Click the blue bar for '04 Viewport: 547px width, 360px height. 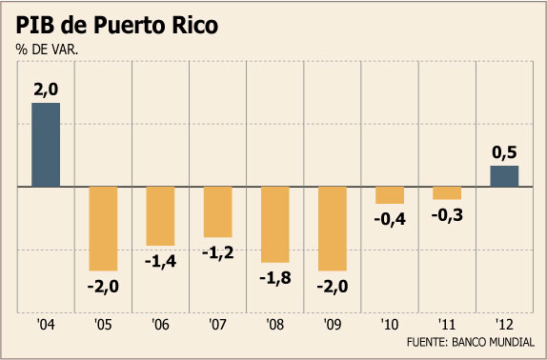pos(46,145)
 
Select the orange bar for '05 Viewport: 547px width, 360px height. pos(103,229)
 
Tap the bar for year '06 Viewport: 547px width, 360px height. pos(160,216)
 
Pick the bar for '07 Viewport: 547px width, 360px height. pos(218,211)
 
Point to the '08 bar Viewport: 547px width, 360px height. pos(275,225)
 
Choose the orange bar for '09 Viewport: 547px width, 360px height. pos(333,229)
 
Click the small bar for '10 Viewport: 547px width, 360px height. pos(390,195)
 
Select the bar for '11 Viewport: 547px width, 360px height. pos(447,193)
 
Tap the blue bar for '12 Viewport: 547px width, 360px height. pos(504,176)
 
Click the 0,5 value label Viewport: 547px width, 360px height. pos(504,153)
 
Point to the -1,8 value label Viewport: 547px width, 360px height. pos(275,278)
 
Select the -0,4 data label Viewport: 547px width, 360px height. pos(390,220)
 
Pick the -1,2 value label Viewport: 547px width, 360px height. pos(218,252)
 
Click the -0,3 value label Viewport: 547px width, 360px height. pos(447,215)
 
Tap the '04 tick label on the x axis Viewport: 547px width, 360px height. pos(46,325)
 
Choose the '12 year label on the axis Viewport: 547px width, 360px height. pos(504,325)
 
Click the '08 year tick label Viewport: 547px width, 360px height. pos(275,325)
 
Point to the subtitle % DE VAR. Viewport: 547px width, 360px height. pos(47,50)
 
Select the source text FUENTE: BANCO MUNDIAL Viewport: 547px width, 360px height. pos(470,342)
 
